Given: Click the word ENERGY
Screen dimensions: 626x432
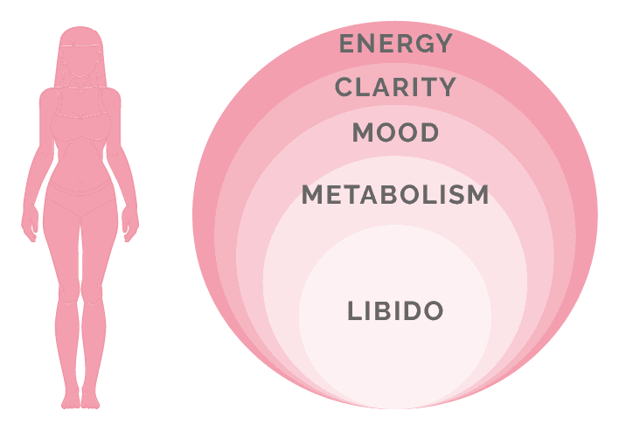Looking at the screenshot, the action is tap(395, 43).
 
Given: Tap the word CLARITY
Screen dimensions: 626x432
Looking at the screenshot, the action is tap(395, 87).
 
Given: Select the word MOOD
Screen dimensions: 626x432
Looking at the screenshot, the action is tap(395, 132).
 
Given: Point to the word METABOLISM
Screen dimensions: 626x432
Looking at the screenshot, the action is tap(395, 194).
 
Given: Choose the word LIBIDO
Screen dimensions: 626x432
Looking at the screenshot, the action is tap(395, 310).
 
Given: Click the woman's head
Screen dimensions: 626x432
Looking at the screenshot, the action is tap(80, 54).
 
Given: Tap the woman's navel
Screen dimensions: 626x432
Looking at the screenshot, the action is tap(80, 182).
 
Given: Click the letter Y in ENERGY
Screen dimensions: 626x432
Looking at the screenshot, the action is tap(442, 43).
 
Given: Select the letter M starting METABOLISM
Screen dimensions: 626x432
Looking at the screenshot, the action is tap(312, 194).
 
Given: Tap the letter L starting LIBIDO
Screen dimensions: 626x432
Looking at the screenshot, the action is tap(354, 310).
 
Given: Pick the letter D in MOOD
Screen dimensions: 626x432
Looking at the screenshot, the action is tap(429, 132).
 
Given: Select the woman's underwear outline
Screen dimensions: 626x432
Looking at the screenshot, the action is tap(80, 199).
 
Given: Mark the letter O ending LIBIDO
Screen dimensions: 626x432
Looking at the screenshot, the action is tap(434, 310).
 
